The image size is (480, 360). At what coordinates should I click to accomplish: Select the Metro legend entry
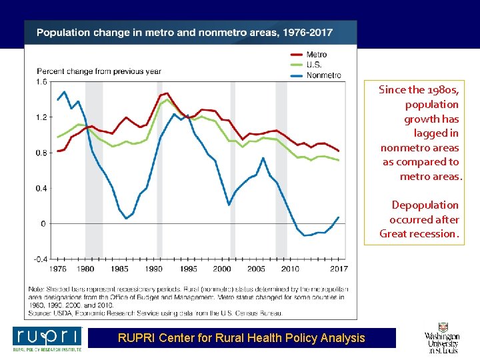pos(317,55)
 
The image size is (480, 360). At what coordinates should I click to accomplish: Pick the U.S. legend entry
pos(313,65)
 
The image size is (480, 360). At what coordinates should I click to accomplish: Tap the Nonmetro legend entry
pos(323,75)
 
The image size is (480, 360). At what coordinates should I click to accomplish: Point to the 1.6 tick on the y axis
pos(41,82)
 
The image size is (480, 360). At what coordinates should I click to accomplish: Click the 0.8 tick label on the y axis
pos(41,153)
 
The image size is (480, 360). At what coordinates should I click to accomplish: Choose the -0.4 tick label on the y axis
pos(41,259)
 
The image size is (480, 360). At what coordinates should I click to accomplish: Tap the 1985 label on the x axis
pos(119,269)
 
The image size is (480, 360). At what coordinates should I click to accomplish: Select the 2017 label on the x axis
pos(339,269)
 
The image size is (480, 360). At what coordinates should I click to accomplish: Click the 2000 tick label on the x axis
pos(222,269)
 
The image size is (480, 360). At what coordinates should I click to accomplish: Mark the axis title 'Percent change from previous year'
pos(99,71)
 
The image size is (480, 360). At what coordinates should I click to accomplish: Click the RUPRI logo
pos(47,339)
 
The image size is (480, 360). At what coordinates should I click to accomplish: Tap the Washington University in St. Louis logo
pos(442,339)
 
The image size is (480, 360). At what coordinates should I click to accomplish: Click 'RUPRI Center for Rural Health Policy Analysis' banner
pos(241,338)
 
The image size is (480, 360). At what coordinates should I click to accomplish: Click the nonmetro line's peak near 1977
pos(64,92)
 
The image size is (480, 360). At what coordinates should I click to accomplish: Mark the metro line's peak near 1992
pos(166,93)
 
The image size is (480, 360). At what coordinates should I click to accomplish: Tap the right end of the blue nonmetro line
pos(339,217)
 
